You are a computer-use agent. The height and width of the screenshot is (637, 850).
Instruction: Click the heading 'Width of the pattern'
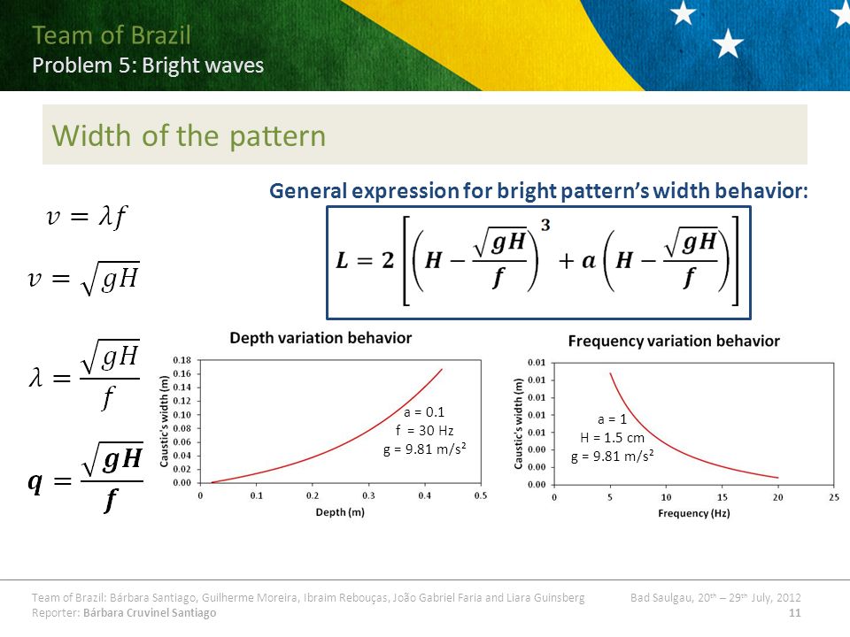click(189, 135)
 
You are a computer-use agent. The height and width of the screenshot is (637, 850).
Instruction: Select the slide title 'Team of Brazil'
click(112, 35)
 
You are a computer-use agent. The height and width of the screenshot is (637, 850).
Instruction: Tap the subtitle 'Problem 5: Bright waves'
click(148, 65)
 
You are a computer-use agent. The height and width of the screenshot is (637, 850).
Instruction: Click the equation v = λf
click(87, 217)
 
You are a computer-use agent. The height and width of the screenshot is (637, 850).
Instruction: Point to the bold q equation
click(86, 477)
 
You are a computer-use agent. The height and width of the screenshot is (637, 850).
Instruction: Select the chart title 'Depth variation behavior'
click(321, 338)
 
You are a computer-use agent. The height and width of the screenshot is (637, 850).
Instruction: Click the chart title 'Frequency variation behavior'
click(674, 341)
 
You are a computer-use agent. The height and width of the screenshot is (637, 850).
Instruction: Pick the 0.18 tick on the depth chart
click(182, 360)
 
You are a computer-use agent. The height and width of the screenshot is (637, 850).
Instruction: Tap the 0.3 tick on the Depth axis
click(368, 495)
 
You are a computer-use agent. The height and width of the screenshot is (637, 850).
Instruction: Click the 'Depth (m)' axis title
click(340, 512)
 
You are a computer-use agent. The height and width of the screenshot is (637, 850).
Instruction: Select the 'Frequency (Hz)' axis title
click(694, 513)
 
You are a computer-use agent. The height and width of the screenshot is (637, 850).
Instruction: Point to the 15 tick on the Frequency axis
click(722, 497)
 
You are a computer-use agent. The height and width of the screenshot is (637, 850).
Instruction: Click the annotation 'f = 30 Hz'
click(424, 431)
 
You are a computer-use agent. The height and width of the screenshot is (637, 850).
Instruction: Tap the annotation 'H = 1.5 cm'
click(612, 438)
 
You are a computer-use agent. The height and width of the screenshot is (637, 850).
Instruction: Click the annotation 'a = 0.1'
click(424, 412)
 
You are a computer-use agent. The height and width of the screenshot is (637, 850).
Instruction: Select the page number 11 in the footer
click(795, 612)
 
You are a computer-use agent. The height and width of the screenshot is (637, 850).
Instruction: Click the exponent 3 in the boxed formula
click(545, 225)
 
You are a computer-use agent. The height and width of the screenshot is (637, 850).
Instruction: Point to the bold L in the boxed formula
click(342, 260)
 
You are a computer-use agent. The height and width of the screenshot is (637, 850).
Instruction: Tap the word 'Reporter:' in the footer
click(56, 612)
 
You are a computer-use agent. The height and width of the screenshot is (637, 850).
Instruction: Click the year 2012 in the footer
click(788, 597)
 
